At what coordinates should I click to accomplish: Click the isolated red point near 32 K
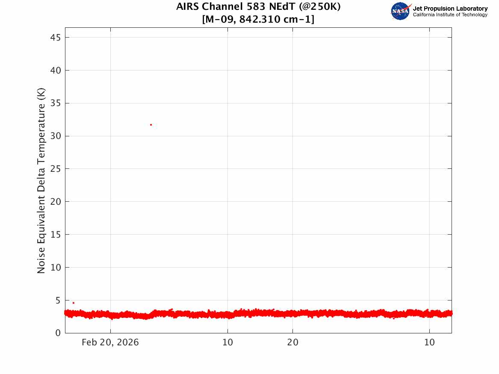coord(151,125)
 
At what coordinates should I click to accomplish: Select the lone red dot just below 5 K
coord(74,303)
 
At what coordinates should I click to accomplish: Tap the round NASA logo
coord(400,11)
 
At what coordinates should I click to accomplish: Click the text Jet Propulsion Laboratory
coord(450,9)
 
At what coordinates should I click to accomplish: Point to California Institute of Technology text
coord(450,15)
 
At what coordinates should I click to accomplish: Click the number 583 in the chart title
coord(256,6)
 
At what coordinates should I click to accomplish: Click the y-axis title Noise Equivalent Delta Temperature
coord(41,181)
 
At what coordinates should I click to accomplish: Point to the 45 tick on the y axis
coord(56,38)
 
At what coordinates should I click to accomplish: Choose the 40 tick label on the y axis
coord(56,70)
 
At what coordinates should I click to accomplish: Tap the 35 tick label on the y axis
coord(56,103)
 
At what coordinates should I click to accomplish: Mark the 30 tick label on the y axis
coord(56,136)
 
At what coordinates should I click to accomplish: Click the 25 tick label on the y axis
coord(56,169)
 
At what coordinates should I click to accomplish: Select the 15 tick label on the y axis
coord(56,235)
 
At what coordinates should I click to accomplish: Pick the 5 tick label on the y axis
coord(58,300)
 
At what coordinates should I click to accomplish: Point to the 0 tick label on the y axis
coord(58,333)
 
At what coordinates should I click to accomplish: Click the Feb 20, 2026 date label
coord(110,342)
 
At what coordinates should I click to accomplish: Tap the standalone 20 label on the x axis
coord(293,342)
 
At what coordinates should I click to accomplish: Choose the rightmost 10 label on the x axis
coord(430,342)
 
